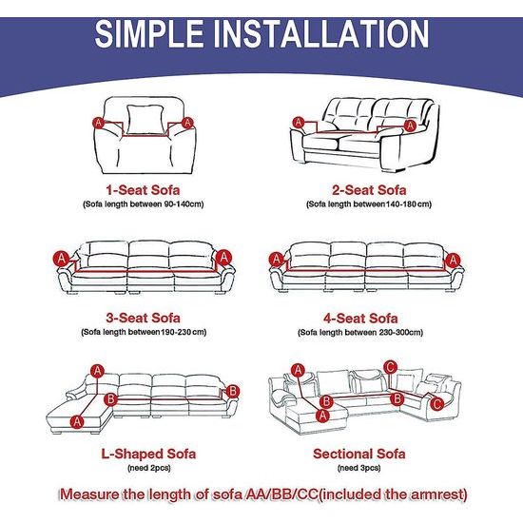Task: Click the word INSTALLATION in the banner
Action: (320, 33)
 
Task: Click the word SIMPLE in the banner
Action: (149, 33)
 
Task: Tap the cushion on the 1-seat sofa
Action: (146, 120)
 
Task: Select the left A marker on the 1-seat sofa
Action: (98, 123)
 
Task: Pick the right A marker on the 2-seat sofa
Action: (410, 126)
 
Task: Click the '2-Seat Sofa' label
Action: (369, 190)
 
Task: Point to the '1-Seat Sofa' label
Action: (143, 190)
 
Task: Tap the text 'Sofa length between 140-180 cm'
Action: (369, 203)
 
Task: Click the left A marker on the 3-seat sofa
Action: (62, 259)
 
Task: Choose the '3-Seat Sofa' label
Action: (143, 318)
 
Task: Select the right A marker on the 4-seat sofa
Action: (453, 261)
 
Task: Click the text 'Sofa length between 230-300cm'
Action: (360, 332)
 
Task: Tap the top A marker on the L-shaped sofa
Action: (97, 371)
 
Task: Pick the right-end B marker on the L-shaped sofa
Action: (233, 391)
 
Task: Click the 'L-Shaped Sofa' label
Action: (148, 454)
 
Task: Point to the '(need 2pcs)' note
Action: (148, 468)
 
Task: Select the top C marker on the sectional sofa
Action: (390, 367)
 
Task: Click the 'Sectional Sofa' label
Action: (359, 454)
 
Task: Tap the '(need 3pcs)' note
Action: (358, 468)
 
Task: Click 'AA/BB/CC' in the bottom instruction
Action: (281, 494)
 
